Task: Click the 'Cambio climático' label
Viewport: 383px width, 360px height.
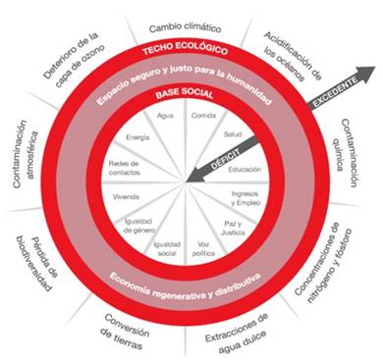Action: pos(186,27)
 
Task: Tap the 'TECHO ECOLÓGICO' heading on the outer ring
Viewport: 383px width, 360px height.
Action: pos(185,48)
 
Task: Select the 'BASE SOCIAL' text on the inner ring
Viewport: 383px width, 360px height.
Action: pos(185,93)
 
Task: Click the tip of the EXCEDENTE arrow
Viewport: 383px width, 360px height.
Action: pos(375,68)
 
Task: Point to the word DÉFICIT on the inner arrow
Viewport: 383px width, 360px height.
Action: pos(225,159)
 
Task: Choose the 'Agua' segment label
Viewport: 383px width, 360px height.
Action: pos(165,116)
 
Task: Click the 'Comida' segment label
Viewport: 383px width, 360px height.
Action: pos(203,116)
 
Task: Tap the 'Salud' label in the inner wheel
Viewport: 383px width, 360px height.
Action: pos(233,134)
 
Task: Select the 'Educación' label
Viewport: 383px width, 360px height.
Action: pos(245,170)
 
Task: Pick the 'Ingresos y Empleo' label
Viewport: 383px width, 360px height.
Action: pos(246,198)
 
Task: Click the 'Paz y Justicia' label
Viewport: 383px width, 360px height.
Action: pos(233,228)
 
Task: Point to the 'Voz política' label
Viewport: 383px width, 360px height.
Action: pos(203,249)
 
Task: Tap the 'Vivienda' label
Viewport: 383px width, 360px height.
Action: pos(126,197)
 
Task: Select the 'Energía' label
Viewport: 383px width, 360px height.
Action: pos(137,137)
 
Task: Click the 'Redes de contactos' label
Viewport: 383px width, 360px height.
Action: pos(124,168)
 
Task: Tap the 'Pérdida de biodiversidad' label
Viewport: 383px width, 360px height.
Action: pos(37,262)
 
